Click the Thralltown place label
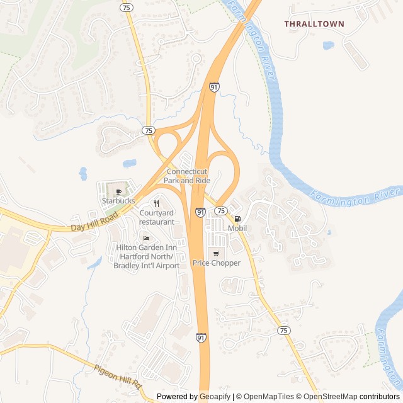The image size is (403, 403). (314, 24)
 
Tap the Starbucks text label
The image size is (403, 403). (118, 200)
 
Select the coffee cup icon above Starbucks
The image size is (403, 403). (118, 191)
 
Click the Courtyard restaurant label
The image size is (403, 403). (157, 217)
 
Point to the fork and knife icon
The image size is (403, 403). (157, 203)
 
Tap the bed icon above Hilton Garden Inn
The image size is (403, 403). (147, 238)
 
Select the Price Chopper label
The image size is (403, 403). (217, 263)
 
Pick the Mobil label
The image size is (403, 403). (238, 228)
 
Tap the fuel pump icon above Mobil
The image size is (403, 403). (237, 219)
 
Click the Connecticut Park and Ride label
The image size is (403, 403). (187, 176)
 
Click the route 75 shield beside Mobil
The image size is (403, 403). (220, 210)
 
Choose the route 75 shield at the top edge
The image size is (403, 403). (127, 8)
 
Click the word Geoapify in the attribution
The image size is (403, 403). (215, 397)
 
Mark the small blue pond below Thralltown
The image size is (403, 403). (328, 45)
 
